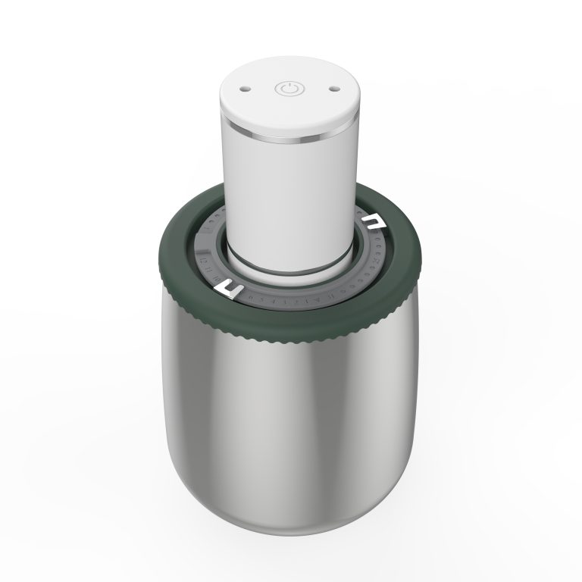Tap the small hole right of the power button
[332, 89]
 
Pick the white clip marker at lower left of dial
[231, 289]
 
